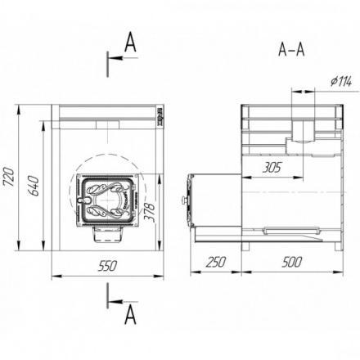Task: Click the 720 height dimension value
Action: tap(10, 177)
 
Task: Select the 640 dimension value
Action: tap(34, 186)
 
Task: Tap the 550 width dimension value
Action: tap(108, 266)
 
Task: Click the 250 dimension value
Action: tap(216, 262)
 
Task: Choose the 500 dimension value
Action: tap(292, 262)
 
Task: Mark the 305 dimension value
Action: tap(272, 168)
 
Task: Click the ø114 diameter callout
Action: tap(341, 81)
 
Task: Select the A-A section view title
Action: tap(291, 50)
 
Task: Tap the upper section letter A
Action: tap(130, 43)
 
